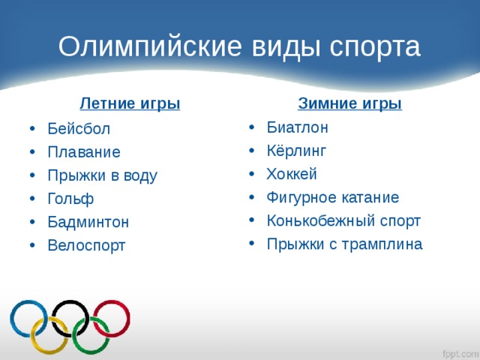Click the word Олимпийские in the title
coord(150,46)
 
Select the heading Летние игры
coord(130,104)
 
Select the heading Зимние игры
coord(349,104)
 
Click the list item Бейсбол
coord(79,128)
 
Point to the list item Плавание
coord(84,151)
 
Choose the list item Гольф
coord(70,199)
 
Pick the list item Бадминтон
coord(88,222)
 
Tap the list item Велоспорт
coord(87,246)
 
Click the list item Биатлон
coord(297,127)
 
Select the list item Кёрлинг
coord(296,151)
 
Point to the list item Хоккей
coord(292,174)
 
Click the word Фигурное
coord(301,198)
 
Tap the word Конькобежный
coord(320,220)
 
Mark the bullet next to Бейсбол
coord(32,128)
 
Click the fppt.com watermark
coord(461,353)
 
